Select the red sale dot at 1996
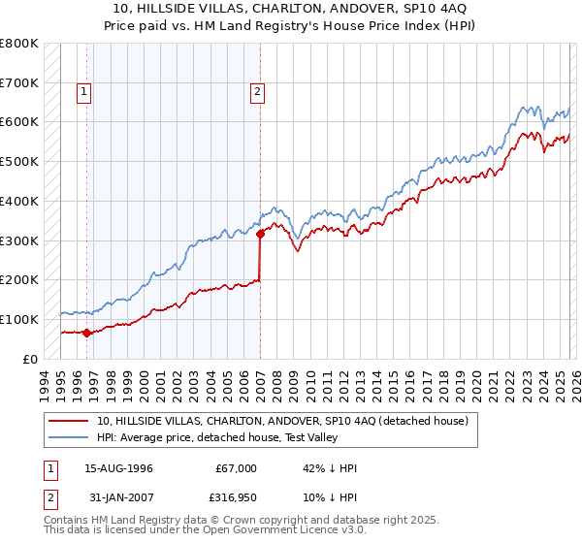(x=87, y=333)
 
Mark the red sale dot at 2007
(x=260, y=233)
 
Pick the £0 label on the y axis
(x=30, y=359)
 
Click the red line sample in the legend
(x=71, y=421)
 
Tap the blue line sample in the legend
(x=71, y=437)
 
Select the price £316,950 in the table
(x=237, y=501)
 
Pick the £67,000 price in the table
(x=237, y=468)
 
